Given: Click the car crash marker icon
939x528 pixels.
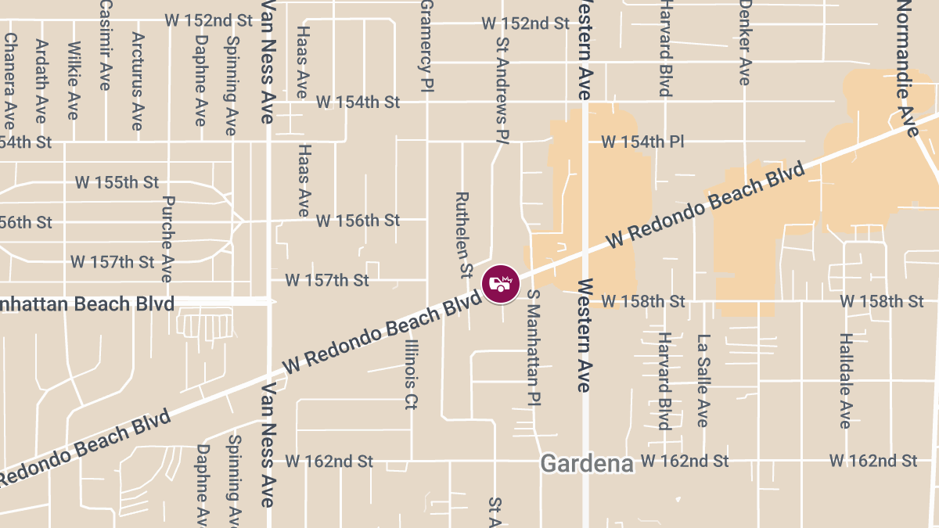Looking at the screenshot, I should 501,284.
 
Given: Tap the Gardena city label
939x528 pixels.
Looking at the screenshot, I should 587,463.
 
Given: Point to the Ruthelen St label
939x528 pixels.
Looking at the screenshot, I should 464,235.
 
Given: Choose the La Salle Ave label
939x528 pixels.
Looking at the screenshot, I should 703,381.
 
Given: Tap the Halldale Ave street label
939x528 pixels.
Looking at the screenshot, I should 845,381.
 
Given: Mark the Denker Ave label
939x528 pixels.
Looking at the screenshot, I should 745,43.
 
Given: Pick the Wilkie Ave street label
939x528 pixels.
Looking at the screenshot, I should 73,81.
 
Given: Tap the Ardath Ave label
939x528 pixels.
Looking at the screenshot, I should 41,81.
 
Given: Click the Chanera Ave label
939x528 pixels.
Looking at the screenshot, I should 9,81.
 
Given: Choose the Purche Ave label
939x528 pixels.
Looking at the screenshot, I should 167,239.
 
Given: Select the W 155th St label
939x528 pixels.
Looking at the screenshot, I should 117,182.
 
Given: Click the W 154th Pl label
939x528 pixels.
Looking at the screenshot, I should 642,142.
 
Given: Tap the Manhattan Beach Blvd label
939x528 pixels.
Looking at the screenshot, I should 86,304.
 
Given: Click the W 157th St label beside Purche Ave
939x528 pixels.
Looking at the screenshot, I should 113,261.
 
